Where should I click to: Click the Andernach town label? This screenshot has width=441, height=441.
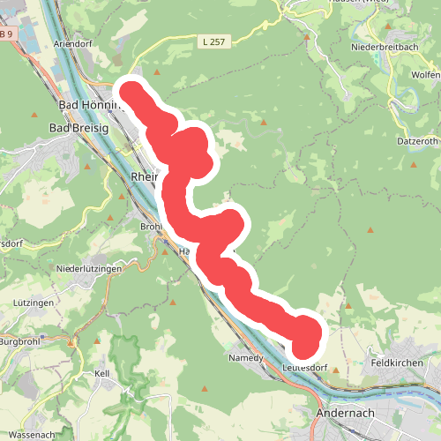351,412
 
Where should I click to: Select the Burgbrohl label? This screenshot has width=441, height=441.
19,341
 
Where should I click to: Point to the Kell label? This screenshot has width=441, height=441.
101,374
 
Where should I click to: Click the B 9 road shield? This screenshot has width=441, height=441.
6,34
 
